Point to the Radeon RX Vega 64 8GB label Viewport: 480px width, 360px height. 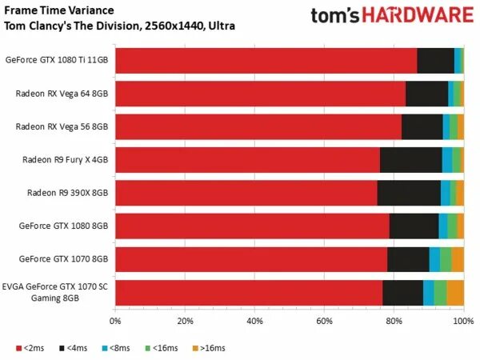(62, 93)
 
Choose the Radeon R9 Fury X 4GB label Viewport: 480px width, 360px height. (64, 159)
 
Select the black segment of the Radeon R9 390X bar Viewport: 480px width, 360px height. (408, 193)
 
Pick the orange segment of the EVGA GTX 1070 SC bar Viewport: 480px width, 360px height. (455, 293)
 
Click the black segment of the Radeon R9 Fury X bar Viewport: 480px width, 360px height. (410, 159)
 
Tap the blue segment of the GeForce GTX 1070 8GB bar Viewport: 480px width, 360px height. (434, 259)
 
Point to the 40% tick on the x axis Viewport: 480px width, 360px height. (254, 321)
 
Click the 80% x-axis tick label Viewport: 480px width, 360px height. (394, 321)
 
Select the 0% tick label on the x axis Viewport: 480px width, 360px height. (115, 321)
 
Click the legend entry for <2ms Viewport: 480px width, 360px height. (30, 348)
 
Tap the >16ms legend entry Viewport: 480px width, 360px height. (210, 348)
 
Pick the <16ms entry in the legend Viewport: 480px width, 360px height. (162, 348)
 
